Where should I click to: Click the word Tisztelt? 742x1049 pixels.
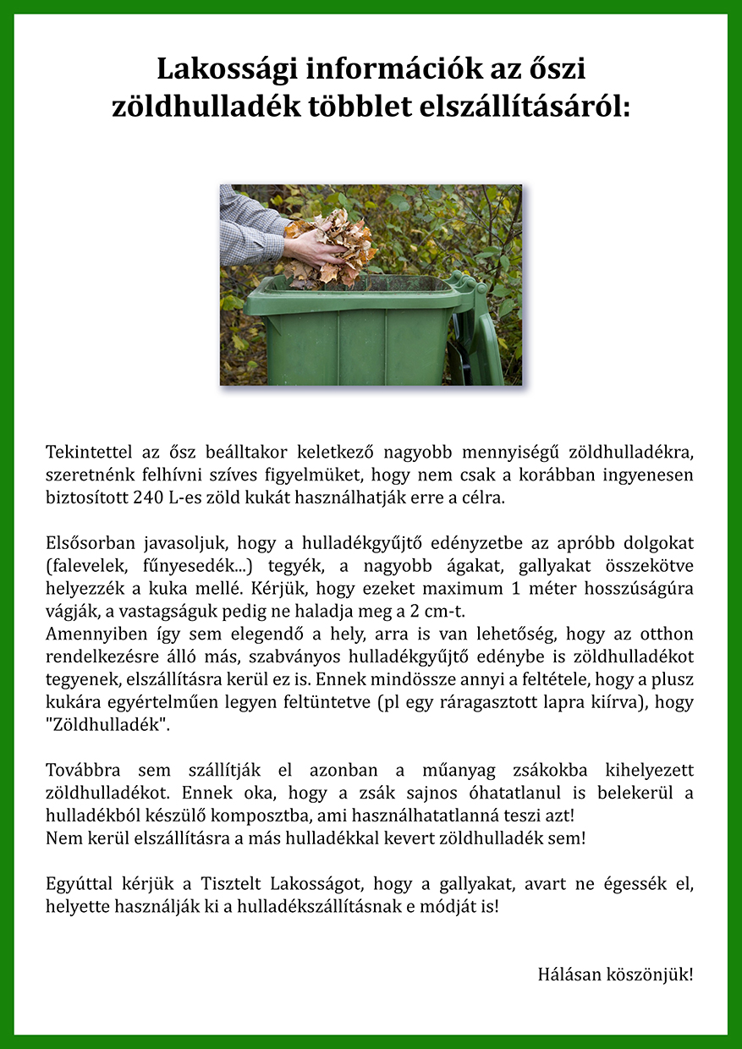point(234,886)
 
